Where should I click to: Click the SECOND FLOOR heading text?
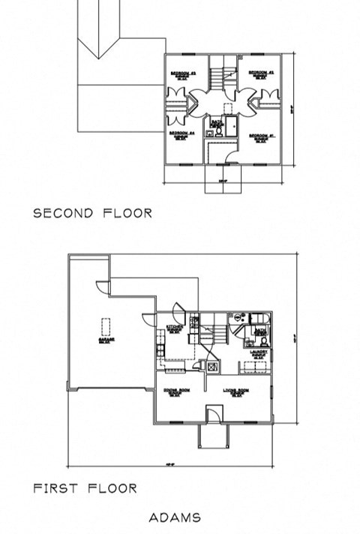point(93,213)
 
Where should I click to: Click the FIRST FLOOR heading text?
point(85,488)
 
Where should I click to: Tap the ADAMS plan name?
point(175,517)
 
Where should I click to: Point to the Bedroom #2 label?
point(260,74)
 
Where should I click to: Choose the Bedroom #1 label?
point(260,136)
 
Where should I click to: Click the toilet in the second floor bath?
point(218,130)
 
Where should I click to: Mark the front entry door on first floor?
point(212,415)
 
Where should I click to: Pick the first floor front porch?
point(212,439)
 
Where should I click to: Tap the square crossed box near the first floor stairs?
point(212,366)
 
